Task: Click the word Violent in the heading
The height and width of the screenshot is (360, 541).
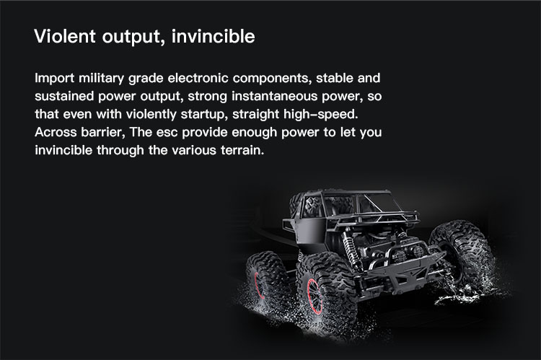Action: click(x=65, y=36)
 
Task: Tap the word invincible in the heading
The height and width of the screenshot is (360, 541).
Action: click(x=214, y=36)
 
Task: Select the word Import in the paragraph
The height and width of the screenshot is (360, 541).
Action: click(x=55, y=79)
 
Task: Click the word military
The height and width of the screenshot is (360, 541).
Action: click(x=101, y=79)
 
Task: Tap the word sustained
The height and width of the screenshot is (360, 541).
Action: click(x=64, y=96)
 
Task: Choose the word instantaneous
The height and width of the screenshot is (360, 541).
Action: click(x=274, y=96)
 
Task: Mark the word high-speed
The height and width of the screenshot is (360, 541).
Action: click(x=321, y=114)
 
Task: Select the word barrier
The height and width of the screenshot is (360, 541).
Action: click(x=103, y=132)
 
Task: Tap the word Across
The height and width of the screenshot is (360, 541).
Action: click(x=56, y=132)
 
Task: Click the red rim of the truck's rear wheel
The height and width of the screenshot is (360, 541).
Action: click(x=260, y=285)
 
